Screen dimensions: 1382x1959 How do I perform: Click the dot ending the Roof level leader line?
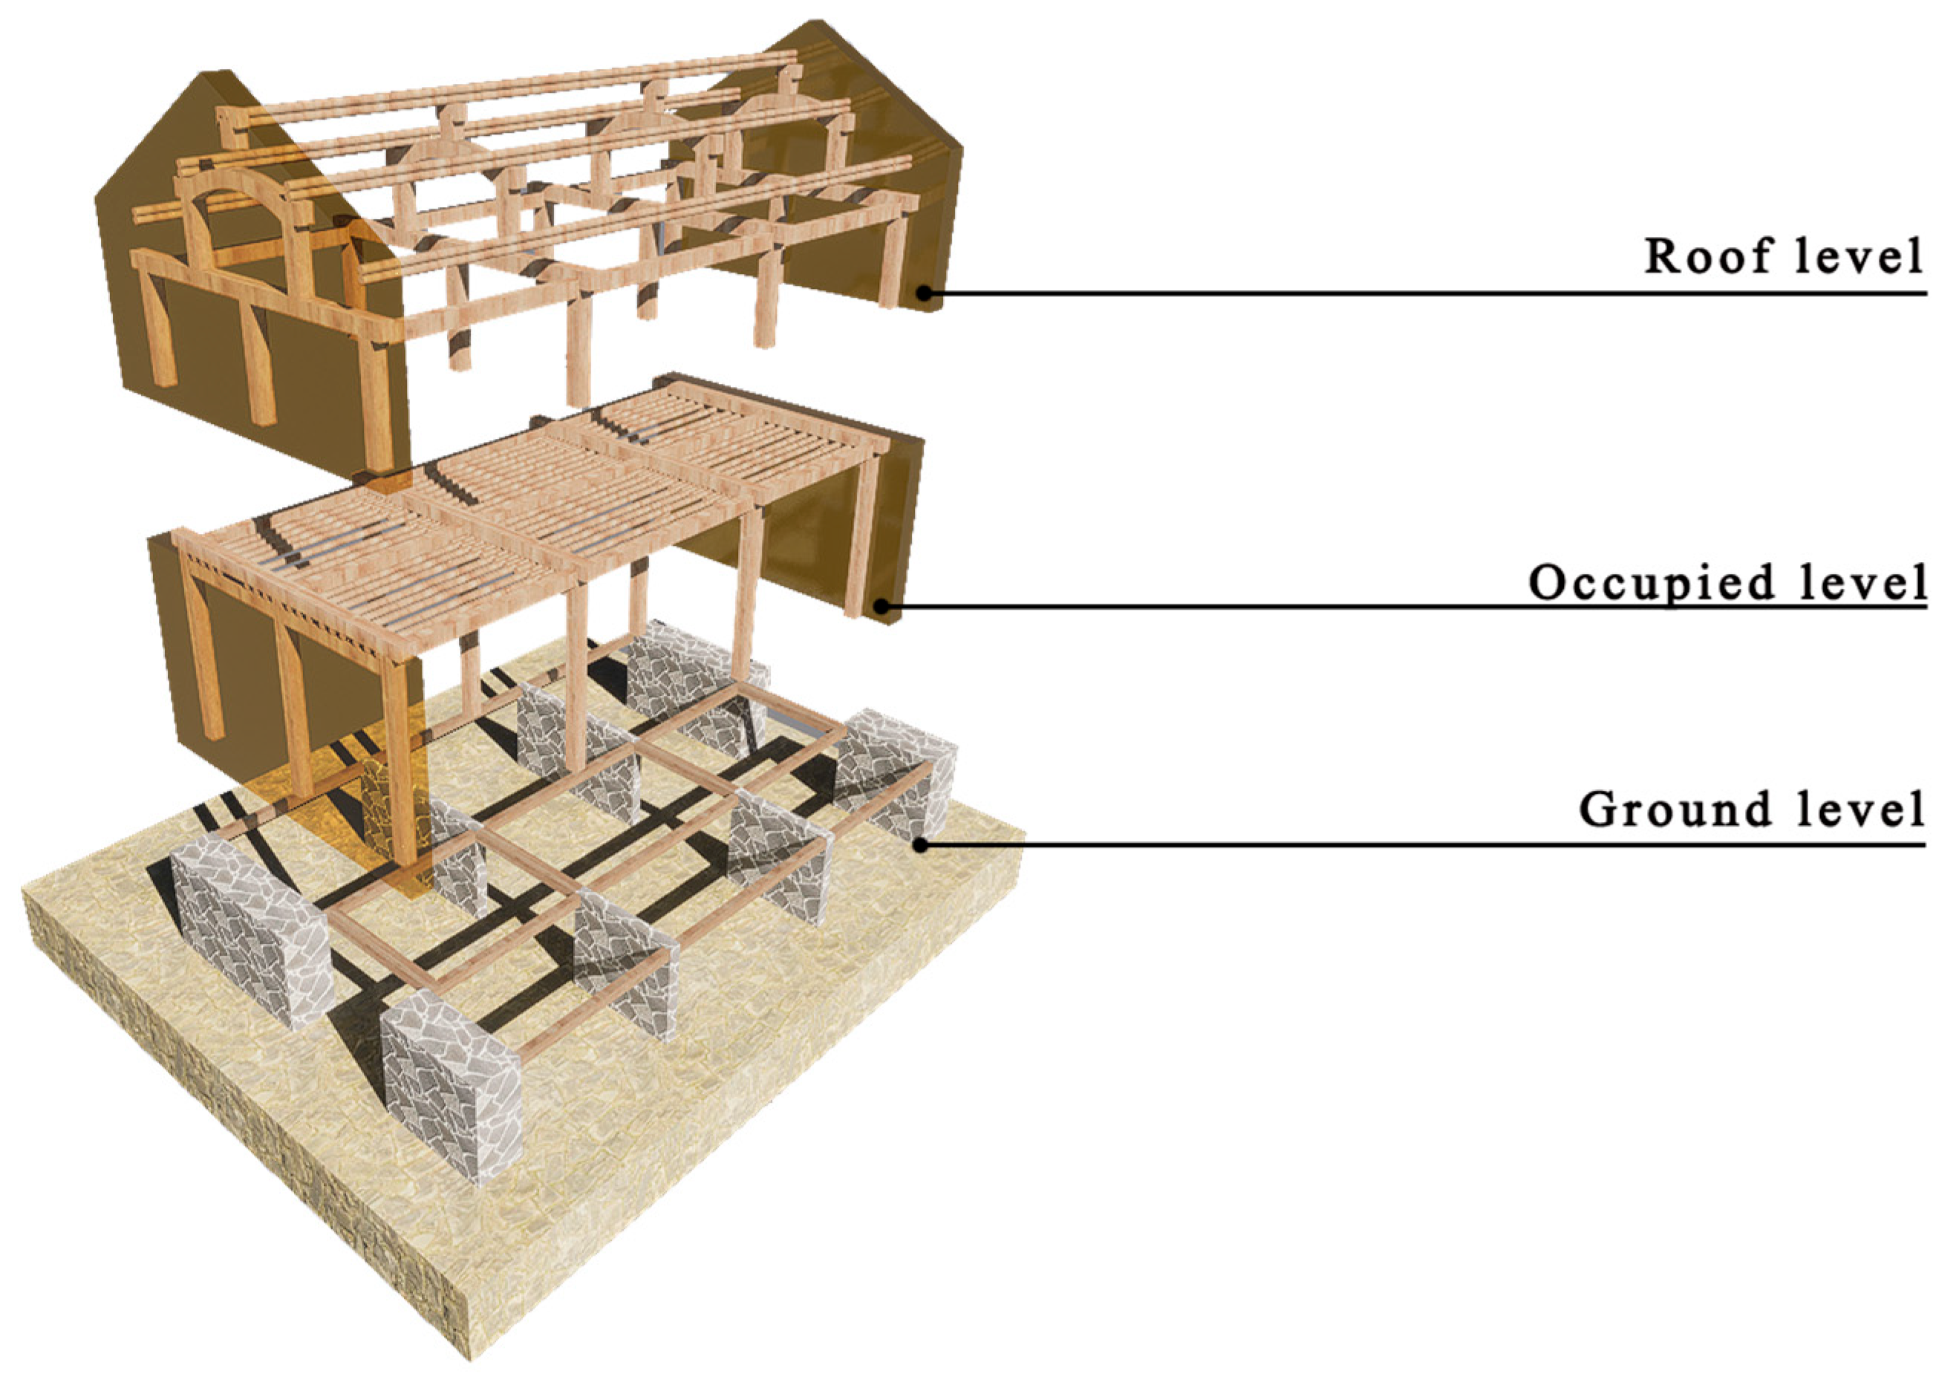pos(925,293)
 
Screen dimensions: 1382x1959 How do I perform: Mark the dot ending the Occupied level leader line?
pos(884,607)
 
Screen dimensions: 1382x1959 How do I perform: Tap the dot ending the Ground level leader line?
pos(921,844)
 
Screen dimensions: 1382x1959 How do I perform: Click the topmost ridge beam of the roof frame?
pos(512,85)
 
